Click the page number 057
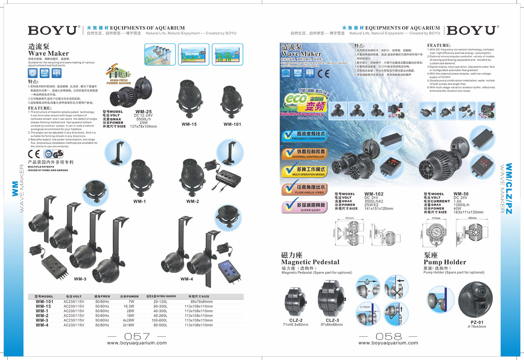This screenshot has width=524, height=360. pos(136,336)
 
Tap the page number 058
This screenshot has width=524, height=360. pos(388,336)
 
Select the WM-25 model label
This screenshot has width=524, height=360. pos(143,112)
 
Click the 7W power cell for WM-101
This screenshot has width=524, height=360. pos(131,301)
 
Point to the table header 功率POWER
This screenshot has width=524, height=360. pos(129,296)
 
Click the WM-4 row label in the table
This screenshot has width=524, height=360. pos(42,325)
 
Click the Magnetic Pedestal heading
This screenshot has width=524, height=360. pos(310,262)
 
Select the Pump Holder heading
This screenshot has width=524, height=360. pos(445,262)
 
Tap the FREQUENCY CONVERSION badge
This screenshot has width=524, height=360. pos(304,136)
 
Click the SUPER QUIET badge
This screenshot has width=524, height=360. pos(304,207)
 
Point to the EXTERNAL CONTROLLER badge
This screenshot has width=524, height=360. pos(304,154)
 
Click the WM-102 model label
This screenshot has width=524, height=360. pos(374,194)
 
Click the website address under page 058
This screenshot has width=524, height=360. pos(388,342)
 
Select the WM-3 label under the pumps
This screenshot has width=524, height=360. pos(80,279)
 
